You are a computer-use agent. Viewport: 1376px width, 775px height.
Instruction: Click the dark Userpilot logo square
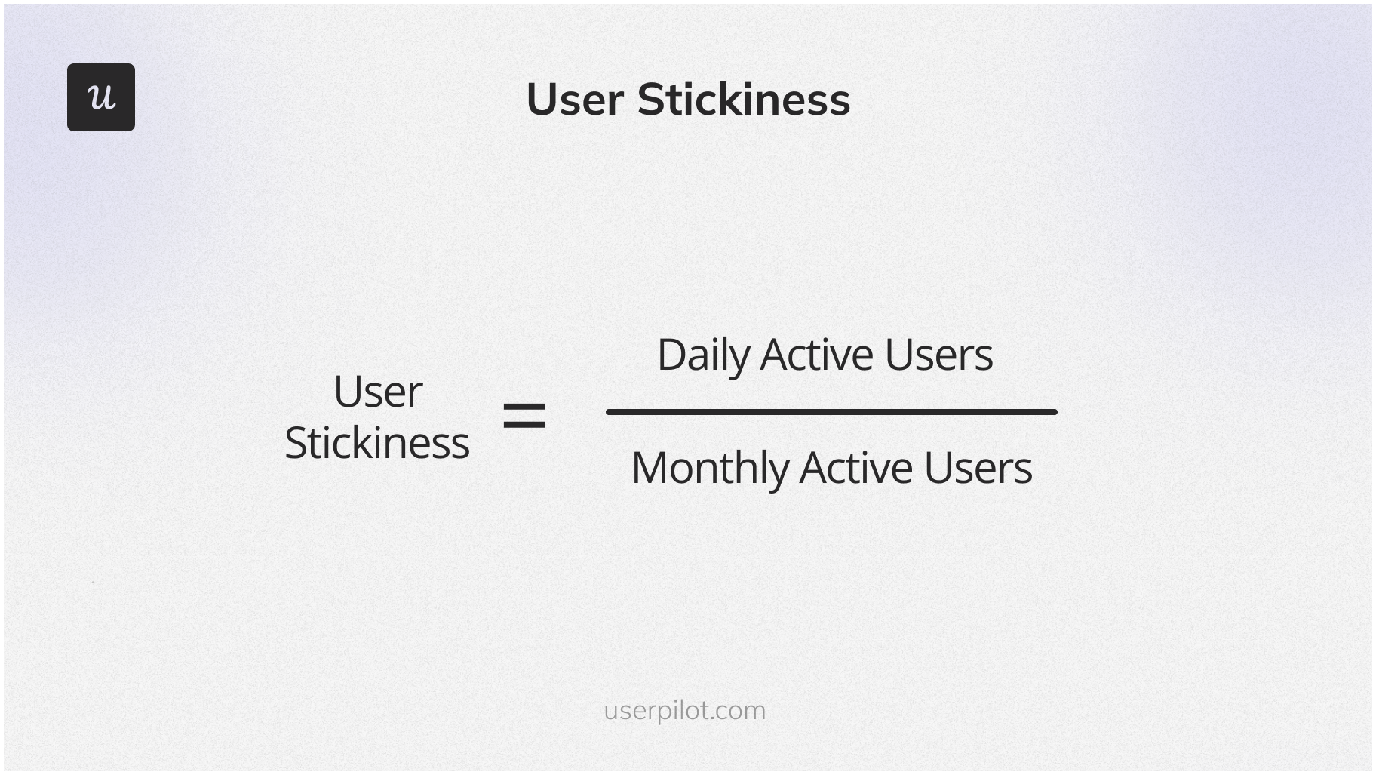pos(101,97)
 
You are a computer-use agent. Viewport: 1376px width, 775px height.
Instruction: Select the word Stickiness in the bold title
pos(743,100)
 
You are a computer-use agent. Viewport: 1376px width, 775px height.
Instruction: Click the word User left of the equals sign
pos(377,392)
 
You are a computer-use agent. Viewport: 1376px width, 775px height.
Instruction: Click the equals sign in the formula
pos(524,416)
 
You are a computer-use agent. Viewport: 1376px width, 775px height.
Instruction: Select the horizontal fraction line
pos(831,412)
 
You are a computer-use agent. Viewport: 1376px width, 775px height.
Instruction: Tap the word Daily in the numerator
pos(703,355)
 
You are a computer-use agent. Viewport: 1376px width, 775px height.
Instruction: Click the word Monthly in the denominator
pos(709,468)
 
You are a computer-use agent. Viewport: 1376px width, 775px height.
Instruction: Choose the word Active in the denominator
pos(855,468)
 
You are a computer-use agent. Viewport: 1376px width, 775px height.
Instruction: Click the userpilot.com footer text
pos(684,710)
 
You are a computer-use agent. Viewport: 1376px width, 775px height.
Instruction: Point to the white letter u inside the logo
pos(101,97)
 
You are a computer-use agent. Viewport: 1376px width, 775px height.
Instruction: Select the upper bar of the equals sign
pos(524,405)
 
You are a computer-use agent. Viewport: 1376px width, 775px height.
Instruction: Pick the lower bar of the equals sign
pos(524,426)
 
